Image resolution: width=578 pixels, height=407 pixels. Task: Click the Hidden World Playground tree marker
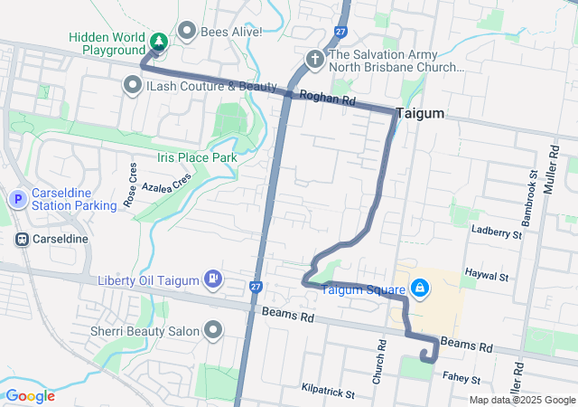[x=159, y=42]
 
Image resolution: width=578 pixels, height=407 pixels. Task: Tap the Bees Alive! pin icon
[x=188, y=32]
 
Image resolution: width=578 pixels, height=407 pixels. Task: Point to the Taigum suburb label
[x=419, y=112]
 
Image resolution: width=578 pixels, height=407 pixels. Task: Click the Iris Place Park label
[x=197, y=157]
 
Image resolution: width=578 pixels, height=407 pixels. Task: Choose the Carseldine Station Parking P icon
[x=16, y=198]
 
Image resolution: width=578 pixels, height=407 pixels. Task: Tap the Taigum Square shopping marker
[x=419, y=289]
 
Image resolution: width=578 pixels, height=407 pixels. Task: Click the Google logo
[x=30, y=396]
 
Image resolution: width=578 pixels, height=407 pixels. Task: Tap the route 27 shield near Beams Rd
[x=256, y=288]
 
